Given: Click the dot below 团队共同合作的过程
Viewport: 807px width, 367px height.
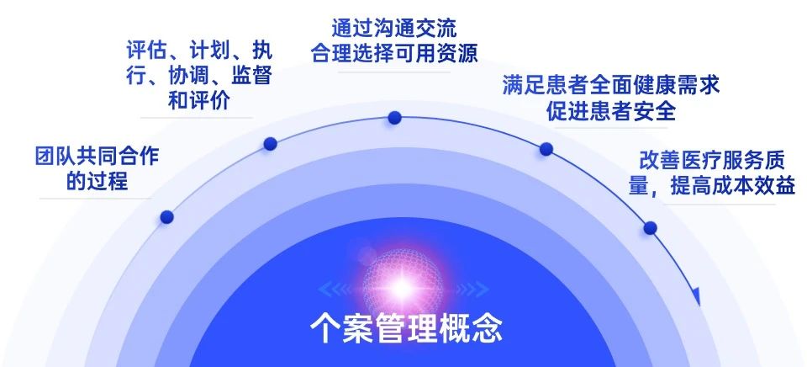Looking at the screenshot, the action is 166,217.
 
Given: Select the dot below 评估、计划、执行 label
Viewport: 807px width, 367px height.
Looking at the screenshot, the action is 270,144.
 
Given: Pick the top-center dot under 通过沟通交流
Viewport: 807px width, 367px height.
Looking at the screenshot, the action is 395,118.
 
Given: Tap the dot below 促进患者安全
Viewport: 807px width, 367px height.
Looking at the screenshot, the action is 546,149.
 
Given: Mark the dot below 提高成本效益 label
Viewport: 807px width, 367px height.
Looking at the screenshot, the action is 650,228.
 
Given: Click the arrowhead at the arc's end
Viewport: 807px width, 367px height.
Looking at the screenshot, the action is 696,296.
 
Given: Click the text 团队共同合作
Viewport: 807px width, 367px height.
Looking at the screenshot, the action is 97,157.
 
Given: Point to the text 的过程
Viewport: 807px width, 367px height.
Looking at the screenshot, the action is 97,181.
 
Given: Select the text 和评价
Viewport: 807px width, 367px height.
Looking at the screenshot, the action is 198,100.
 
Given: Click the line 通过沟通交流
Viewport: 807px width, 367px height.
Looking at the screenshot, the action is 393,29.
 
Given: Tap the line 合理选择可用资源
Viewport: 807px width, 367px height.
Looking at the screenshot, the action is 394,53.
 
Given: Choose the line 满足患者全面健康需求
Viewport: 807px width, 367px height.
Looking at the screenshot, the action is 611,86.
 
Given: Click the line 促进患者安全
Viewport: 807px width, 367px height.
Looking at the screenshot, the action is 611,110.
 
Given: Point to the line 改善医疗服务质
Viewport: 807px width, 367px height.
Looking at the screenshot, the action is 712,161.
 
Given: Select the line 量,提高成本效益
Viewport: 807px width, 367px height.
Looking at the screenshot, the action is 712,185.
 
